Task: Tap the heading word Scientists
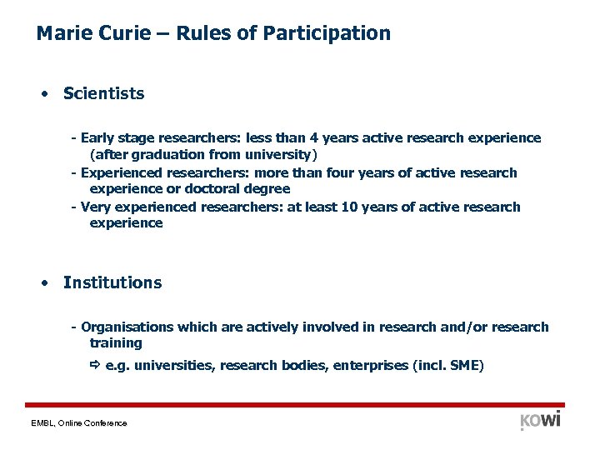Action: [x=103, y=93]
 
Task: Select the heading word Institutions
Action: [x=112, y=282]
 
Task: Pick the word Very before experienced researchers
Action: [x=97, y=207]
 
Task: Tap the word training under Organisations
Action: [x=116, y=343]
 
